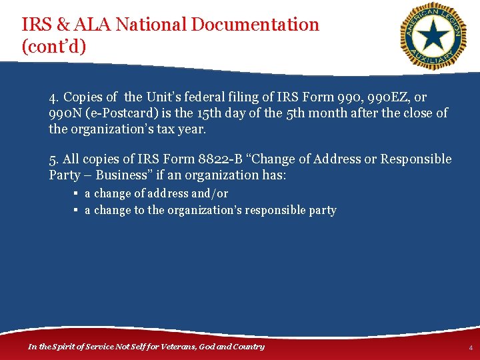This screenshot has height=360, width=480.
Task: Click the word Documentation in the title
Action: click(x=255, y=25)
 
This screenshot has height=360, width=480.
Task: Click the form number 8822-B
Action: click(x=232, y=159)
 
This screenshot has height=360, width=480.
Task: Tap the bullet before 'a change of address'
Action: click(x=77, y=193)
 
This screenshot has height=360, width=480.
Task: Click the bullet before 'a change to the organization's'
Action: click(x=77, y=210)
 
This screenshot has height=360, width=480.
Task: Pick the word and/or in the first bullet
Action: click(x=209, y=193)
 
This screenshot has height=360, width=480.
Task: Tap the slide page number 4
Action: click(x=470, y=348)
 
